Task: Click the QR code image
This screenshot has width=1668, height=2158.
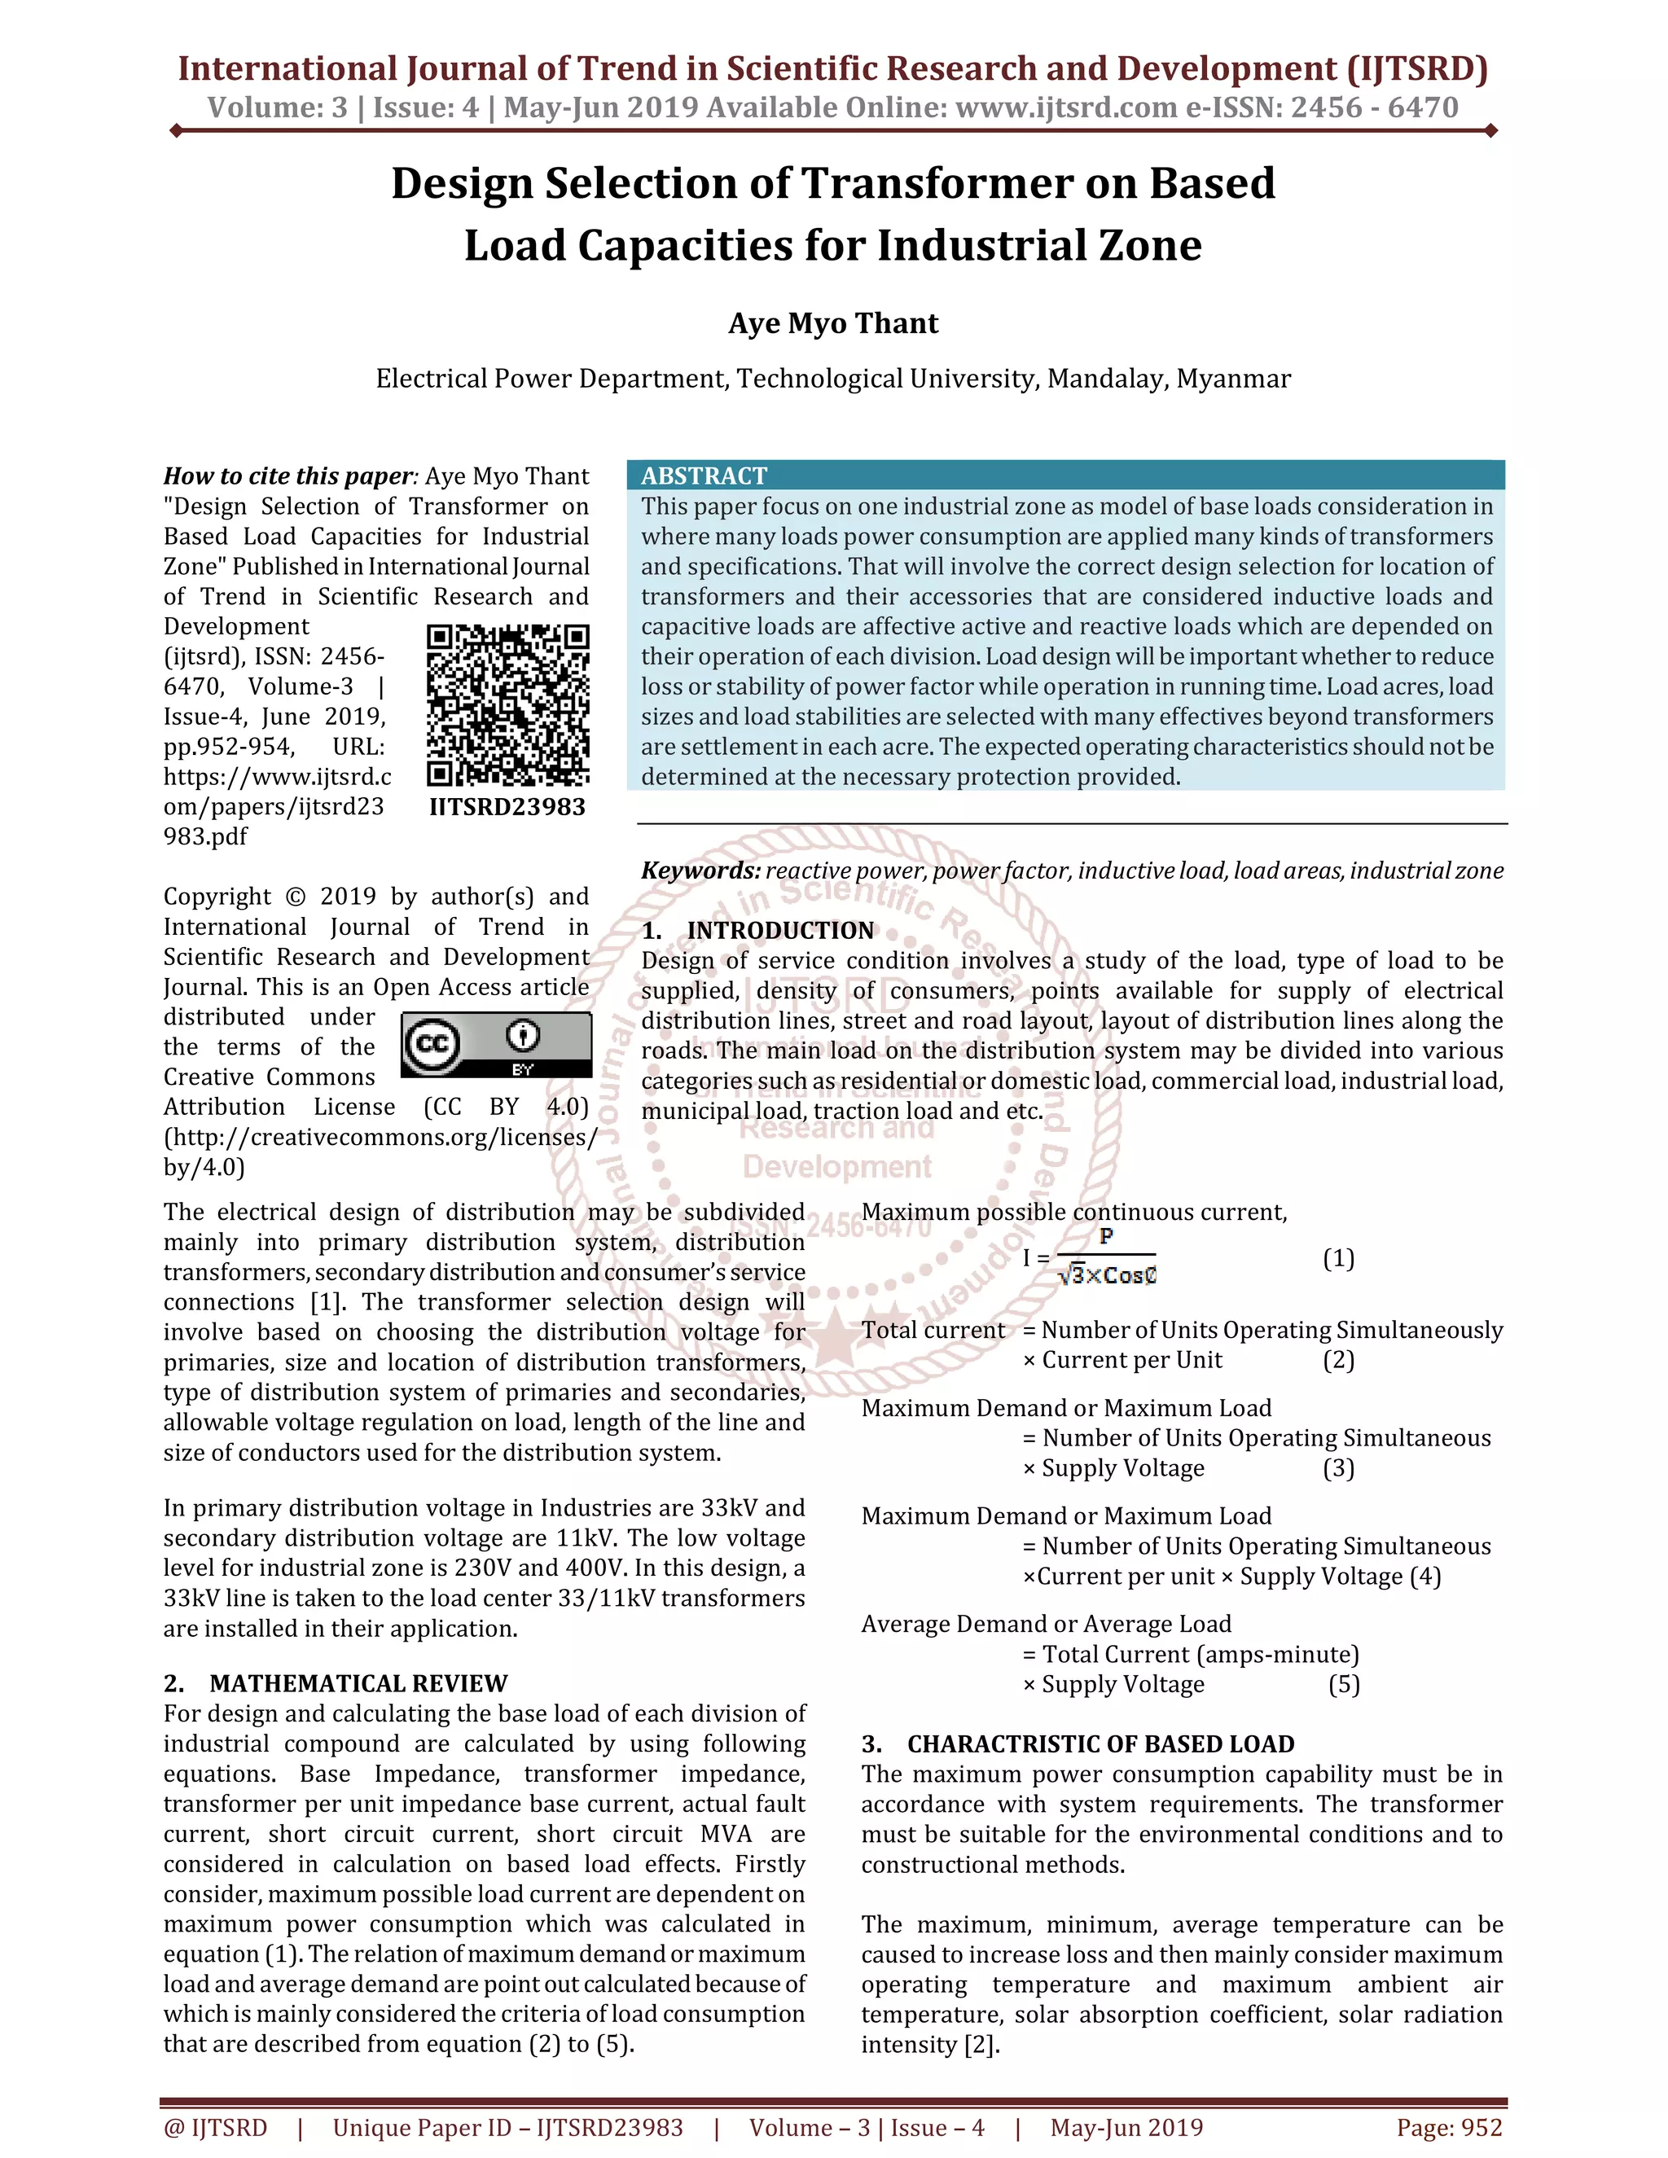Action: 508,705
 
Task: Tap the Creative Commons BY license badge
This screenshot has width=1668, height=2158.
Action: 496,1045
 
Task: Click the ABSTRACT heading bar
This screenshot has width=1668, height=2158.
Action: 1064,476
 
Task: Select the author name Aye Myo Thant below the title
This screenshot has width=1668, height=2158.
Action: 833,323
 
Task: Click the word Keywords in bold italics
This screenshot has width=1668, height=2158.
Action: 700,871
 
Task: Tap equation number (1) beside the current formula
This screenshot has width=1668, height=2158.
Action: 1338,1258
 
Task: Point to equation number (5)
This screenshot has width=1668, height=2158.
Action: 1343,1684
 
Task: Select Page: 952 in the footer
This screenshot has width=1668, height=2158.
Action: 1449,2127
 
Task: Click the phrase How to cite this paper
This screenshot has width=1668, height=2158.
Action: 288,476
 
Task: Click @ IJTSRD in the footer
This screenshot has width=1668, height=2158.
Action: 215,2127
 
